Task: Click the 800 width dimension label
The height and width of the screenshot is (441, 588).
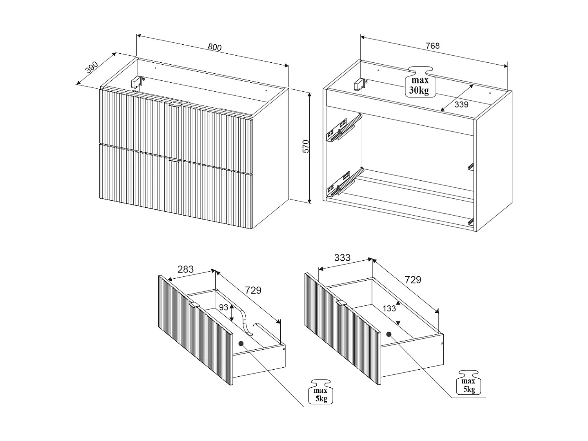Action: tap(214, 47)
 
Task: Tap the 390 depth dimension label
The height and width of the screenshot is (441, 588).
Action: tap(92, 68)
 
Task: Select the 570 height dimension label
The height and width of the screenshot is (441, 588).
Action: tap(306, 146)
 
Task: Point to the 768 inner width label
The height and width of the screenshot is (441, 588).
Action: tap(433, 46)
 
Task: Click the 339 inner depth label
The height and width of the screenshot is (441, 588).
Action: tap(461, 104)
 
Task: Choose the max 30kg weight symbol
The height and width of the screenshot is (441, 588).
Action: tap(420, 82)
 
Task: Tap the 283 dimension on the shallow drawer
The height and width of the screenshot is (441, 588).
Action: tap(185, 269)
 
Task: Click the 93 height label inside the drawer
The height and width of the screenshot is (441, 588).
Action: tap(224, 307)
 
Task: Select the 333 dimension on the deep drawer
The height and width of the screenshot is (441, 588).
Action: tap(342, 258)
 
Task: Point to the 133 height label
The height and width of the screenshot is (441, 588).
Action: tap(389, 309)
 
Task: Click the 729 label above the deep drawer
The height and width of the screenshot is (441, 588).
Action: tap(413, 280)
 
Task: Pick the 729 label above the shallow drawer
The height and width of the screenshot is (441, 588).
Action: tap(253, 290)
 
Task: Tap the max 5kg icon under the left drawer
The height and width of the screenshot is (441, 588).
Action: tap(321, 392)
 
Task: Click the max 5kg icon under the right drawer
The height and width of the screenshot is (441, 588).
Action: tap(469, 383)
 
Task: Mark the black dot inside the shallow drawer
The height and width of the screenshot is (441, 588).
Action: tap(241, 343)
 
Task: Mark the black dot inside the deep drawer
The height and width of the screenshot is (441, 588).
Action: tap(389, 334)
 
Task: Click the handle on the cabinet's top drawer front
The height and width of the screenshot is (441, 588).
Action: tap(175, 105)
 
